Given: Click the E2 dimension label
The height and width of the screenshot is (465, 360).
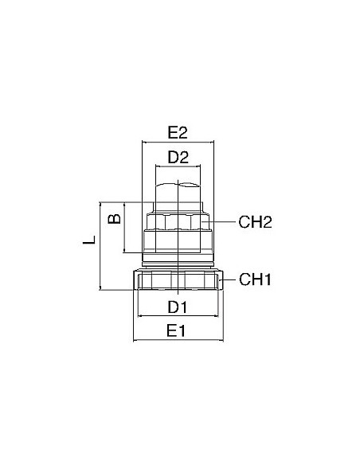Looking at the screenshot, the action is tap(178, 132).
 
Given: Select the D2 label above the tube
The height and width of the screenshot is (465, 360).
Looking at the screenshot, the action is tap(178, 157).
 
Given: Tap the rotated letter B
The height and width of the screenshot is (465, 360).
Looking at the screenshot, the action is tap(115, 218).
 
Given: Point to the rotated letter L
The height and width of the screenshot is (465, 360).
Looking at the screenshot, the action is tap(89, 240).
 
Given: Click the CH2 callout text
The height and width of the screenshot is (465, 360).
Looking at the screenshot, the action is tap(255, 222).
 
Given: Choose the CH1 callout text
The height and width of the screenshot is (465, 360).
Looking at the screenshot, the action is tap(255, 279).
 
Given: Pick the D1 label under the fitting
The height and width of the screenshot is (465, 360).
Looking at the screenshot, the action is tap(178, 307).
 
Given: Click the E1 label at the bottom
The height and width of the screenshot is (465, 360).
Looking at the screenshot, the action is tap(176, 330).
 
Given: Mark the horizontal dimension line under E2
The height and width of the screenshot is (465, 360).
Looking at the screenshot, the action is tap(178, 142).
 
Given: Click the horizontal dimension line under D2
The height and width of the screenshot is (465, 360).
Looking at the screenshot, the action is tap(178, 166).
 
